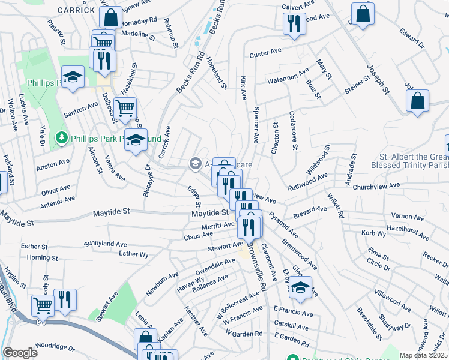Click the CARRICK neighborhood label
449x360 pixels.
pyautogui.click(x=76, y=10)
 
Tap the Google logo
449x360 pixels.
pyautogui.click(x=20, y=353)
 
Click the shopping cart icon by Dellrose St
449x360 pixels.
pyautogui.click(x=125, y=109)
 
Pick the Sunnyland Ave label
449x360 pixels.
pyautogui.click(x=106, y=244)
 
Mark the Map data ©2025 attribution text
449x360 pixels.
pyautogui.click(x=424, y=355)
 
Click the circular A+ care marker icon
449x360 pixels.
pyautogui.click(x=195, y=163)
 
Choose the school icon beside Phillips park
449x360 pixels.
pyautogui.click(x=73, y=78)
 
